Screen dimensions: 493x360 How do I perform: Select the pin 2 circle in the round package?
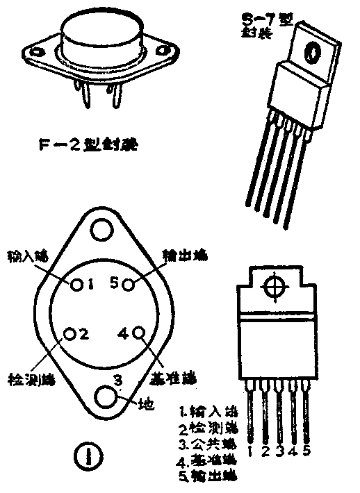[x=69, y=334]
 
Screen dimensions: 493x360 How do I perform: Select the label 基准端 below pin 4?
[x=174, y=380]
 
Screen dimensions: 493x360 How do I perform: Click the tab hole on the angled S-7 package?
[x=313, y=50]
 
